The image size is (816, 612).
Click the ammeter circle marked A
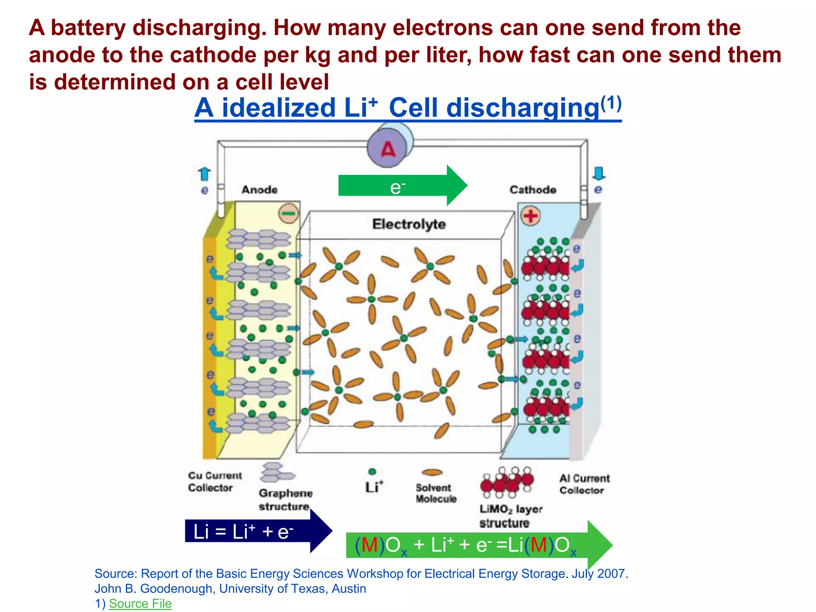point(388,149)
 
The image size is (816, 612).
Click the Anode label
point(259,190)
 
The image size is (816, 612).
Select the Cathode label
point(533,190)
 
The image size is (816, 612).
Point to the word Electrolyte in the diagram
point(409,224)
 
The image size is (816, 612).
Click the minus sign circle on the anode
point(288,214)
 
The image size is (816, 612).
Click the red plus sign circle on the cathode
point(530,216)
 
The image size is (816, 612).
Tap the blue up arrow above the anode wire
point(204,174)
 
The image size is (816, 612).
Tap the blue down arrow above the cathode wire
point(598,173)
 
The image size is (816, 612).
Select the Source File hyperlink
point(140,603)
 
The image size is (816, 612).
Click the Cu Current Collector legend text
point(214,481)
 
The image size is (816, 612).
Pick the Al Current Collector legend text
point(584,484)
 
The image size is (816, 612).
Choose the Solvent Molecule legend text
point(435,493)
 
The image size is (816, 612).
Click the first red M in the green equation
point(369,545)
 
